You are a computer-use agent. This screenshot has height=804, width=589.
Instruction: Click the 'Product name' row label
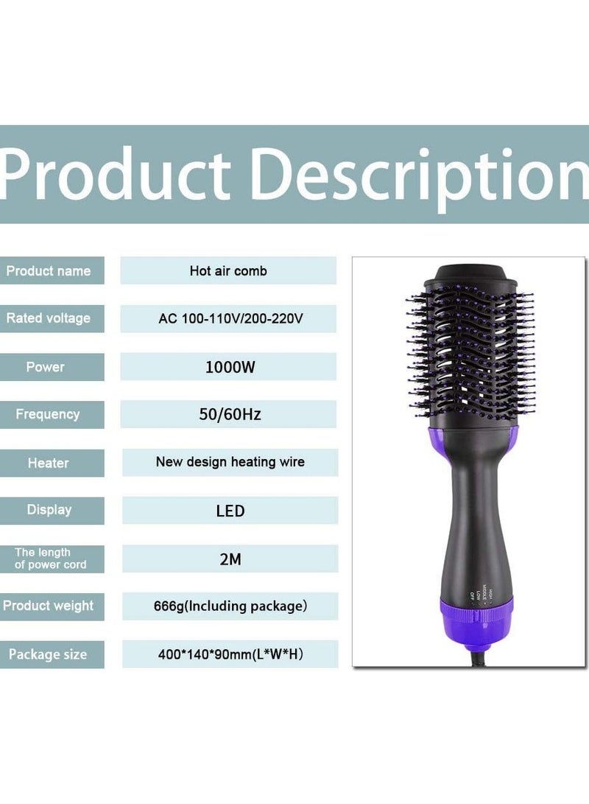49,270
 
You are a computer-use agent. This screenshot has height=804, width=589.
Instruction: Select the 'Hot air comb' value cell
228,270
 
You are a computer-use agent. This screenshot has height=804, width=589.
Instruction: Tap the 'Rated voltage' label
49,318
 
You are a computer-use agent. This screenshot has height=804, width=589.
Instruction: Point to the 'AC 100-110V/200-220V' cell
230,319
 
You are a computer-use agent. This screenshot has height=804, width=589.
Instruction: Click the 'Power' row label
46,367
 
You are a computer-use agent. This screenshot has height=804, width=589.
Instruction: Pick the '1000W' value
230,367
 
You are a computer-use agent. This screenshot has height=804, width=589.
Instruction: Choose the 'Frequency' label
48,414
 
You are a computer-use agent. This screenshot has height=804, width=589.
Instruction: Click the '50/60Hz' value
230,414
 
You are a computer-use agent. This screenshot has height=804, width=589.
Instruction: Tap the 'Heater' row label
48,463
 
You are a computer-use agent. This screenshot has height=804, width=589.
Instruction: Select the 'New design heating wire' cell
230,462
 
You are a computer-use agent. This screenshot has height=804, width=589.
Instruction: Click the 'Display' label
49,509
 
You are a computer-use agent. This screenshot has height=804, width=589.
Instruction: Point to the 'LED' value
230,510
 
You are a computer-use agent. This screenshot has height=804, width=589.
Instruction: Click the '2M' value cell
230,559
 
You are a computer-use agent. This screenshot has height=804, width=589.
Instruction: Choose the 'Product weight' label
49,606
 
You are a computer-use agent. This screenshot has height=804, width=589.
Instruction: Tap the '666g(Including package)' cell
230,607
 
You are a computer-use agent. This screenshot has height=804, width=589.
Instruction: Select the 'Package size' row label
48,654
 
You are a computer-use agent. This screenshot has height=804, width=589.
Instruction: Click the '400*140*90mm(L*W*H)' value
230,654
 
